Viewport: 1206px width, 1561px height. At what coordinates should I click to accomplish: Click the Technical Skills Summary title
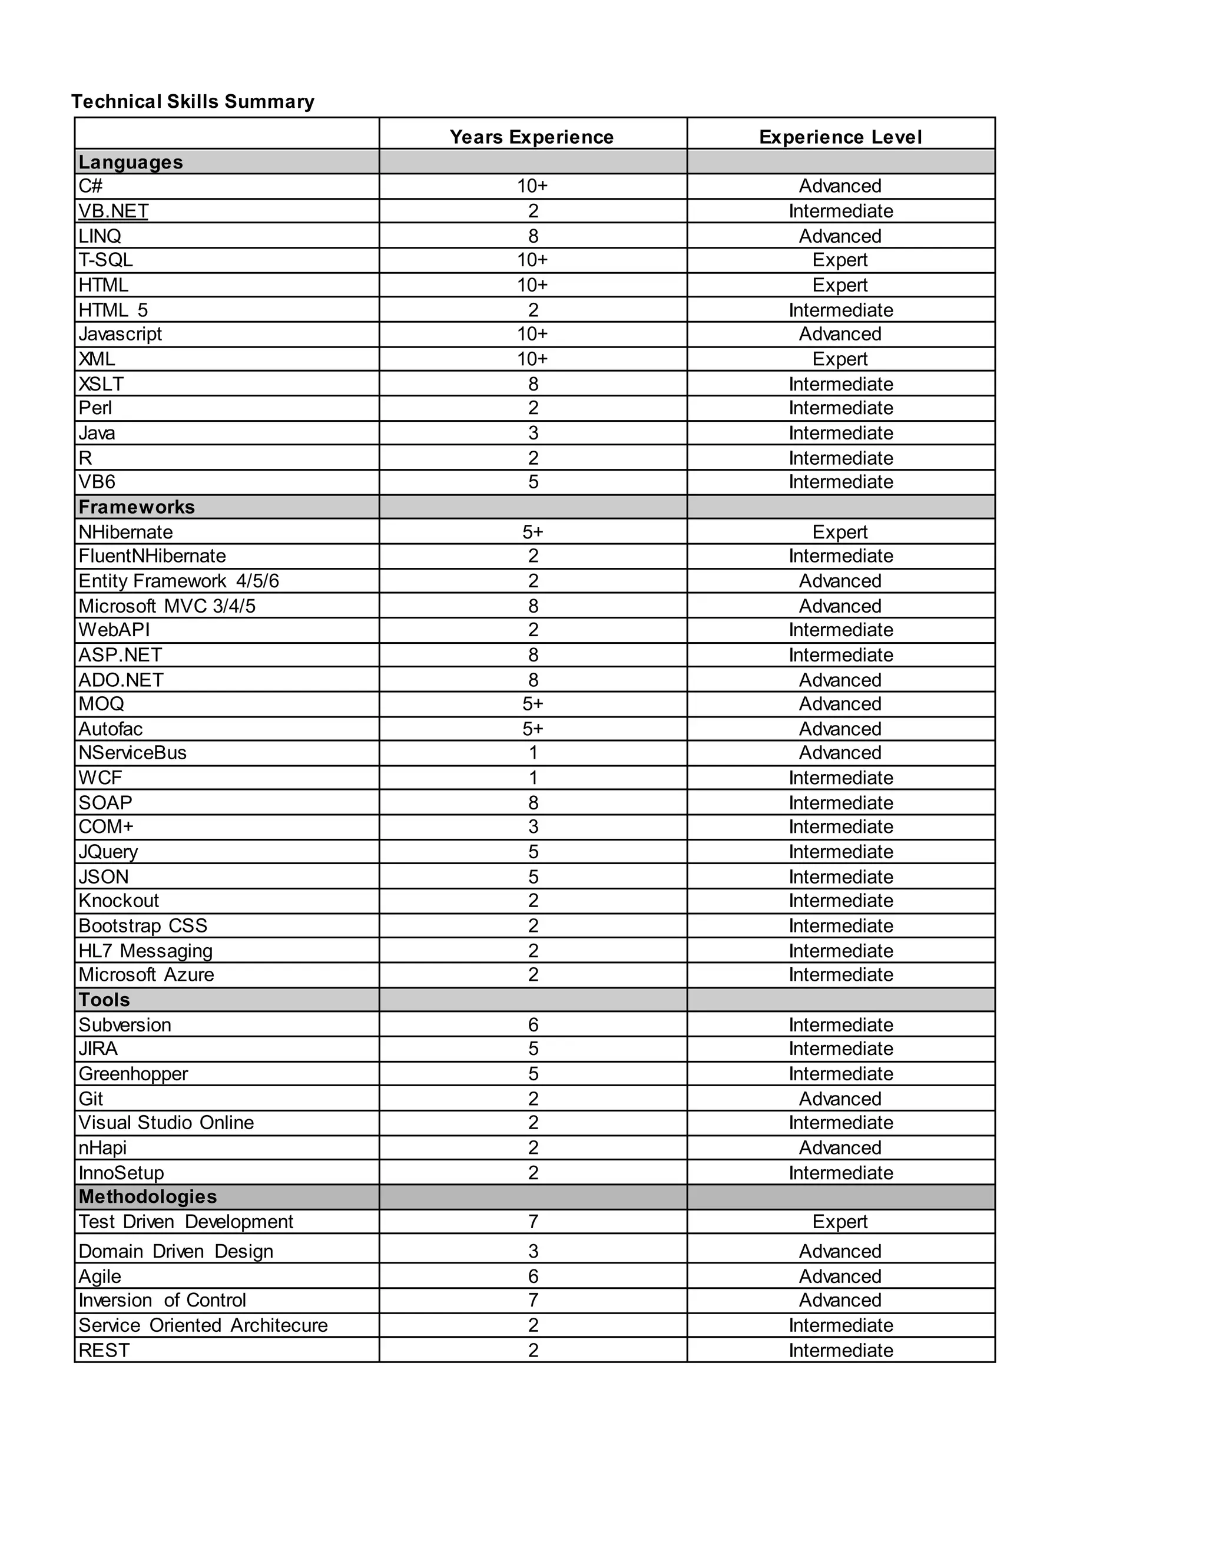point(193,101)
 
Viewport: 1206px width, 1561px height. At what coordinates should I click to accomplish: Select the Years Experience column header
point(532,137)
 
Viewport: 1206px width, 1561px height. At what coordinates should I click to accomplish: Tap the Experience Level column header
point(840,137)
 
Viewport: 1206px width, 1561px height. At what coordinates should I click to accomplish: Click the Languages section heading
point(131,162)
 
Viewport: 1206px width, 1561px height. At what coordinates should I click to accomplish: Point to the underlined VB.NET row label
point(114,211)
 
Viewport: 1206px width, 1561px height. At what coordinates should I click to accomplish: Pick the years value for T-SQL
point(532,260)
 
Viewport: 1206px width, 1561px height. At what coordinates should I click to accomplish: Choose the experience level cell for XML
point(840,359)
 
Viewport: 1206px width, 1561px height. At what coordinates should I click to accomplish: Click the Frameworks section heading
point(137,507)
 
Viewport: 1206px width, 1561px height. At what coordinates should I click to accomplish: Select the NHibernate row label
point(126,532)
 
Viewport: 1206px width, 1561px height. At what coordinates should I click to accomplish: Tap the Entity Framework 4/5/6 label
point(178,581)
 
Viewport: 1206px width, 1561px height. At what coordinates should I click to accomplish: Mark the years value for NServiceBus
point(533,753)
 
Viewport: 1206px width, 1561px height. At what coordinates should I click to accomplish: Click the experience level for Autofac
point(840,729)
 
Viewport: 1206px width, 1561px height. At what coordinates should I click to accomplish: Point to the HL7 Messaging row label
point(146,951)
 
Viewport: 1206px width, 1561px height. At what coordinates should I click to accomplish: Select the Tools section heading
point(104,1000)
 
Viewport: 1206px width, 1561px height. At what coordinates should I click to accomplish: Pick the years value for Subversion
point(533,1025)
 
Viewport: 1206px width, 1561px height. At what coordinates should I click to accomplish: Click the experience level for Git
point(840,1099)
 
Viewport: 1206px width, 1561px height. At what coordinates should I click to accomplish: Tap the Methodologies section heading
point(148,1196)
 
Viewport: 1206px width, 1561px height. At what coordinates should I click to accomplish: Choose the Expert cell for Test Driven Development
point(840,1222)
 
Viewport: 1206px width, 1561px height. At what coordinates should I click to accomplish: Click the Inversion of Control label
point(162,1300)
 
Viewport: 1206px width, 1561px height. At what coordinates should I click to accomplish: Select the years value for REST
point(533,1350)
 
